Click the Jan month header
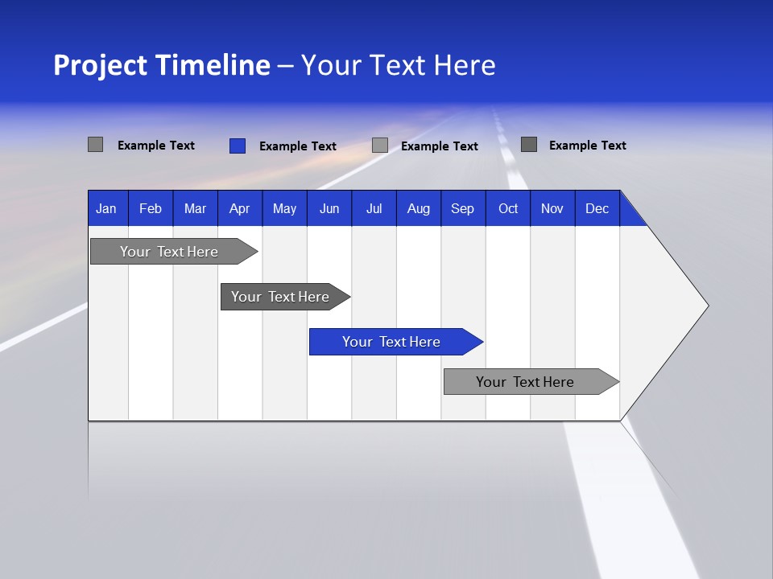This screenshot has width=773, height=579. pos(107,208)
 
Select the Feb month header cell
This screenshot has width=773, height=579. pos(151,208)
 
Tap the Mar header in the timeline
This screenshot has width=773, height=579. pos(195,208)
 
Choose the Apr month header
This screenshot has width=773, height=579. pos(240,208)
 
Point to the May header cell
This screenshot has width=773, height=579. pos(284,208)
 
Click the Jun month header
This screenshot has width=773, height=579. pos(329,208)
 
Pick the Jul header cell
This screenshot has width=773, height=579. pos(374,208)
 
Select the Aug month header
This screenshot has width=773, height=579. pos(419,208)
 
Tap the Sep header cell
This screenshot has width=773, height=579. pos(463,208)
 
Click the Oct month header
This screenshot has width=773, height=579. pos(508,208)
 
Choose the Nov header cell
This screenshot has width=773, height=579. pos(552,208)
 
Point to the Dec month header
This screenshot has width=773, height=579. pos(597,208)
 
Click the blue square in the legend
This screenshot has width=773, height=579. pos(238,146)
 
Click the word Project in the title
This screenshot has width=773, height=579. pos(100,65)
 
